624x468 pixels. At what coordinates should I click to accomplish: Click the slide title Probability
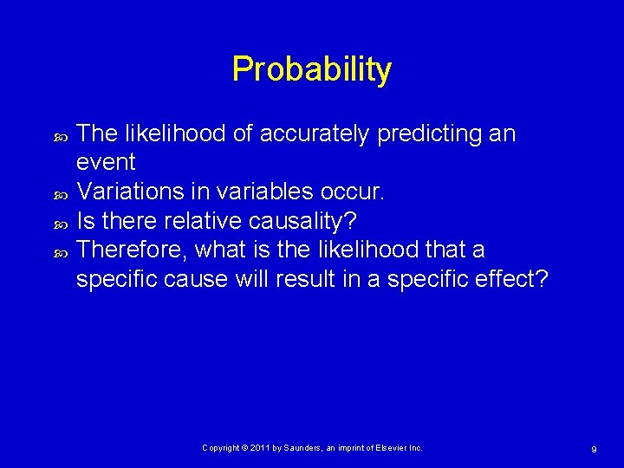tap(311, 69)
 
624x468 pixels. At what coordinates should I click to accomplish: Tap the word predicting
tap(421, 134)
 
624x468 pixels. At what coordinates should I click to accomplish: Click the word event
tap(106, 162)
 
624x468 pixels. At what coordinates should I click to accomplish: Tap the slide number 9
tap(593, 449)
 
